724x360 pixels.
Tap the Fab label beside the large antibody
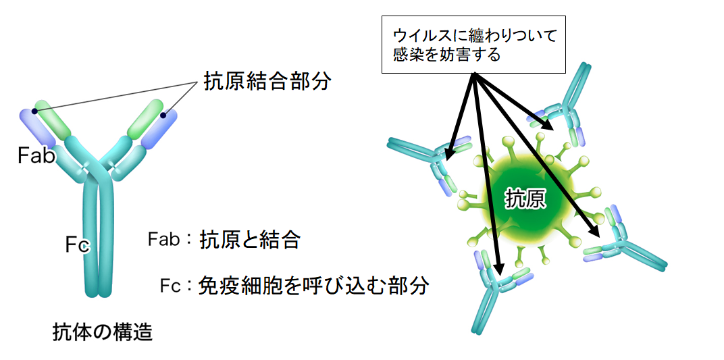[x=36, y=155]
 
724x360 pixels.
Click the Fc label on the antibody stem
[x=76, y=245]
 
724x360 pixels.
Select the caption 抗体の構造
[x=102, y=332]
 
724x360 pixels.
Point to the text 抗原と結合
[x=250, y=240]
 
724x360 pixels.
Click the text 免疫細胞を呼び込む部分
[x=314, y=286]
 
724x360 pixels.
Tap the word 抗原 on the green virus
[x=525, y=199]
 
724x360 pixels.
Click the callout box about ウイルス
[x=473, y=45]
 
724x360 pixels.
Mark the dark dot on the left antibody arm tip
[x=34, y=111]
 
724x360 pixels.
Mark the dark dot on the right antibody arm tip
[x=163, y=114]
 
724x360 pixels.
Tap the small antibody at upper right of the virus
[x=561, y=105]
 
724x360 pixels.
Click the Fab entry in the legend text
[x=163, y=240]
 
